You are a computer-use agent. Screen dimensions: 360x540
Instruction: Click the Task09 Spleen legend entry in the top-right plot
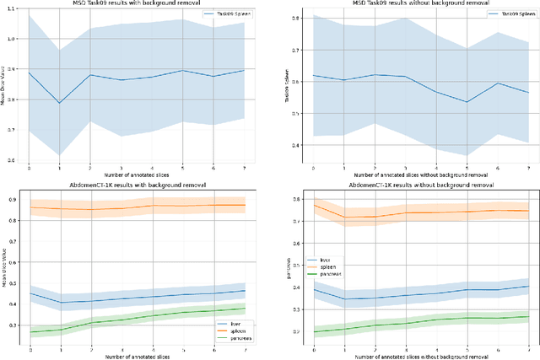pos(505,16)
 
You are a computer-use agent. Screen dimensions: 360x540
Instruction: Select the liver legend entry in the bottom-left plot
pos(226,321)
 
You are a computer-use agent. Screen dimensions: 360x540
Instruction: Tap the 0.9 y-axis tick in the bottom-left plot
pos(13,199)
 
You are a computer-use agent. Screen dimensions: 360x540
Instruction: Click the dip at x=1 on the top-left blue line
pos(60,103)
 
